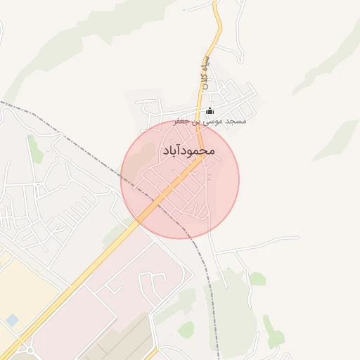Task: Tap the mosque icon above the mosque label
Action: [x=210, y=111]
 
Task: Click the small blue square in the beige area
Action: [x=12, y=321]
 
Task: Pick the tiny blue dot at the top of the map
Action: [x=184, y=10]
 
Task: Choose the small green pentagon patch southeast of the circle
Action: [x=257, y=279]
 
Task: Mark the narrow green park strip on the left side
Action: [x=34, y=149]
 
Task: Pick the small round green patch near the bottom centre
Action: [x=186, y=328]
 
